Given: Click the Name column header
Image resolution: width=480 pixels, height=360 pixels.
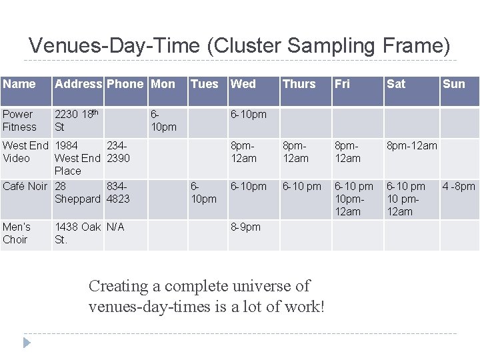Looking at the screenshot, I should [x=19, y=84].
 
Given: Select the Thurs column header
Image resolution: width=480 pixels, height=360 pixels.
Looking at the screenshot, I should [x=299, y=84].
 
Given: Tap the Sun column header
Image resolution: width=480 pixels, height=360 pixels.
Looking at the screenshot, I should [x=453, y=84].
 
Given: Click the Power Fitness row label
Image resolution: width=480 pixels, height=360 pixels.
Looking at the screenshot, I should [x=20, y=121].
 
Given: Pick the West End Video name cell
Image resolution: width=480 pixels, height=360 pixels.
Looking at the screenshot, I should [x=25, y=152].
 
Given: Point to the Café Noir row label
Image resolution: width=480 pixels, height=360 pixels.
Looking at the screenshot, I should [x=25, y=187].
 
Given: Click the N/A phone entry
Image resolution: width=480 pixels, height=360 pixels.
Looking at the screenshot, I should [x=115, y=227].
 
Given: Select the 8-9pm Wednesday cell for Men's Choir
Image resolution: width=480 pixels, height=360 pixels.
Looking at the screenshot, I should [x=245, y=227].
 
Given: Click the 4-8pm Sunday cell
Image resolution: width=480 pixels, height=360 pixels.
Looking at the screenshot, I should [x=459, y=187].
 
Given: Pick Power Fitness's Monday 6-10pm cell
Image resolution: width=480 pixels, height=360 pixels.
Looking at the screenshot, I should [x=163, y=121].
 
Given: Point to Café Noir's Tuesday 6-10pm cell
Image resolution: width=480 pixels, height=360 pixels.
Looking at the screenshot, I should [x=203, y=193].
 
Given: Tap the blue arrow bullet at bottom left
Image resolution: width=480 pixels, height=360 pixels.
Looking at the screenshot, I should [x=26, y=343].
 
